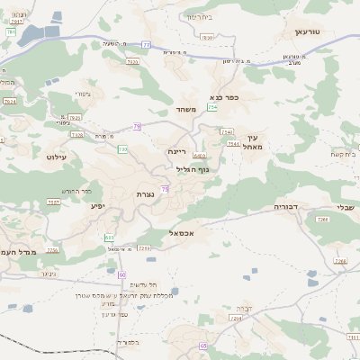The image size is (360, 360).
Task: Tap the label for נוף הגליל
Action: point(192,168)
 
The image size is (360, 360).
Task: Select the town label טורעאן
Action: point(308,31)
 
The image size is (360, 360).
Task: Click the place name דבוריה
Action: point(286,206)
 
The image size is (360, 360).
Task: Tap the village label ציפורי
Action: point(84,94)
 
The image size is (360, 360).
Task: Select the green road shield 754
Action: point(212,107)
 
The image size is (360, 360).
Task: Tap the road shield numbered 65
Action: point(203,345)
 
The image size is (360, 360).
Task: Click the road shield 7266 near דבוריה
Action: point(340,261)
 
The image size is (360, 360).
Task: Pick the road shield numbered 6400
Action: point(197,156)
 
